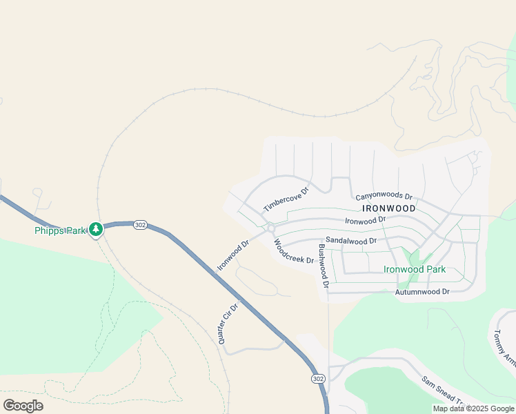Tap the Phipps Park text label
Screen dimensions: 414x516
click(x=60, y=230)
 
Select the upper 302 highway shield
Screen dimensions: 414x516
click(x=140, y=225)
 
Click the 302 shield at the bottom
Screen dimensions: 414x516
click(x=318, y=379)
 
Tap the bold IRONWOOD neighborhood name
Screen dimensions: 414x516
click(x=388, y=208)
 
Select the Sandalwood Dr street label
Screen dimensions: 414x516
click(x=351, y=241)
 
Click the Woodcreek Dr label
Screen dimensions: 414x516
click(x=294, y=251)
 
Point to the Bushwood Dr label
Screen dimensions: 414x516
click(x=322, y=262)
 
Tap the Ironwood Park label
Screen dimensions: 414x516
click(x=415, y=270)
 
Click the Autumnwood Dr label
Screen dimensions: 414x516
click(x=422, y=292)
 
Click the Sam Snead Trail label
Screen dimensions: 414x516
click(x=444, y=391)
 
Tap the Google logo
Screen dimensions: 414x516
click(x=23, y=405)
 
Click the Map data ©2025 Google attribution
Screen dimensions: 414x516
click(x=473, y=408)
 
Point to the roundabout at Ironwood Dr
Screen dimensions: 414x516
click(x=271, y=228)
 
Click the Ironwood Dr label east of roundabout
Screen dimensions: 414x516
click(x=365, y=221)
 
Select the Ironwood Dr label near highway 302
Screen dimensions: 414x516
click(x=233, y=256)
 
